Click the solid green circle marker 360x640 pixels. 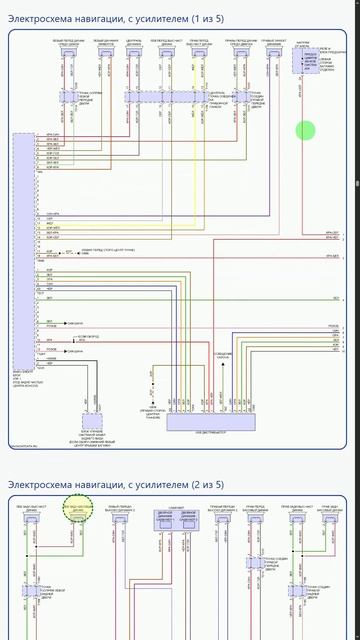pos(306,130)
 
